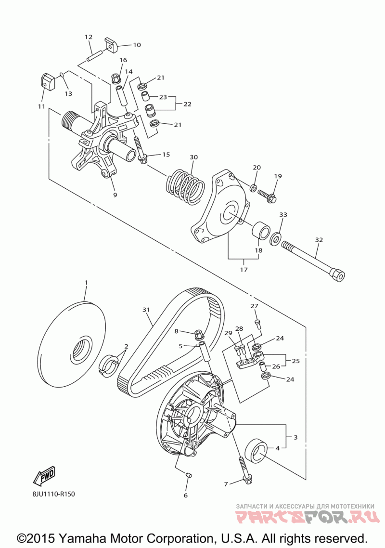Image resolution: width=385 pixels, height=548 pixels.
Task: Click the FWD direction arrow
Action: click(x=44, y=477)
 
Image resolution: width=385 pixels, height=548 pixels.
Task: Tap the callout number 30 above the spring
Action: click(x=193, y=157)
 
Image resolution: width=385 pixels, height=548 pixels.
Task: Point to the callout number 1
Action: click(x=86, y=282)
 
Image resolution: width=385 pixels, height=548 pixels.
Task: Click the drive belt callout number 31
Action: click(x=146, y=310)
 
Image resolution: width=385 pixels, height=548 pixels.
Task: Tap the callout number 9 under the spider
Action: click(x=115, y=195)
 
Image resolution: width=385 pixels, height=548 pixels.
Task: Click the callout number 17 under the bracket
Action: click(x=244, y=270)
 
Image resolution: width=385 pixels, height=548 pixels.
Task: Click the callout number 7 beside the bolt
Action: click(x=226, y=484)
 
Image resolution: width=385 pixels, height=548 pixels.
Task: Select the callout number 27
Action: click(x=254, y=306)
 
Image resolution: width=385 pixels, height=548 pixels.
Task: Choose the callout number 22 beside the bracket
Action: click(x=188, y=104)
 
